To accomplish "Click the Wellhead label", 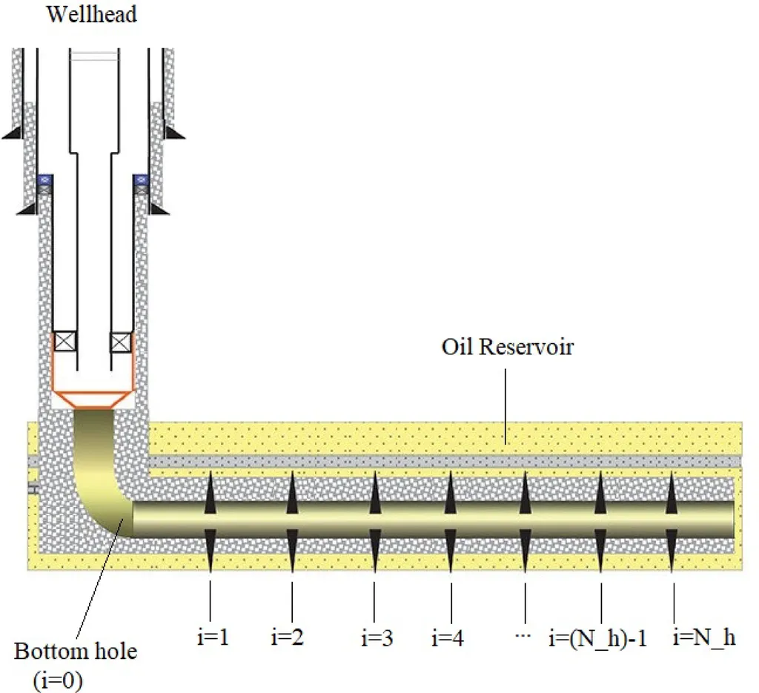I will point(91,15).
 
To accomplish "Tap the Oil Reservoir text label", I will point(507,347).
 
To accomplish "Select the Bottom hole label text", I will point(76,652).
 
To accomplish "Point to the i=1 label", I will point(210,637).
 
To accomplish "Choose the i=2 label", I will point(288,637).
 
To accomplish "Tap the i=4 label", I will point(448,637).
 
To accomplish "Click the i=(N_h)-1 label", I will point(597,637).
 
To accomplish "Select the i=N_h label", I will point(703,637).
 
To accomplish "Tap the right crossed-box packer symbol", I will point(121,342).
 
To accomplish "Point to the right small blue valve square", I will point(139,179).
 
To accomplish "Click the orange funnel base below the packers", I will point(93,397).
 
